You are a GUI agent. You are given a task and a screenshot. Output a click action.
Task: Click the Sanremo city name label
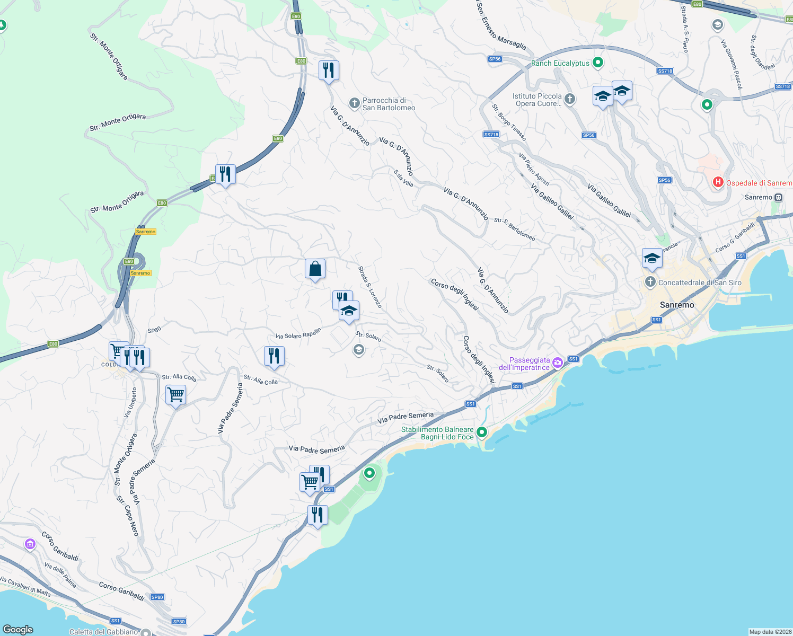click(x=677, y=305)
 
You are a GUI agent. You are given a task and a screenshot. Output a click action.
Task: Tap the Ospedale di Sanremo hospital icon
click(x=718, y=183)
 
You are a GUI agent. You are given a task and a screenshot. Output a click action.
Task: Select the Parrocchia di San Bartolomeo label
click(x=389, y=104)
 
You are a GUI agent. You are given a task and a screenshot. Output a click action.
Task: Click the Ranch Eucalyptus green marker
click(x=598, y=63)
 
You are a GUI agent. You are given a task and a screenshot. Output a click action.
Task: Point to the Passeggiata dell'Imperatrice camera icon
click(x=557, y=363)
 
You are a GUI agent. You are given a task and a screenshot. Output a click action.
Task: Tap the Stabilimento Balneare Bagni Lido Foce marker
click(x=481, y=432)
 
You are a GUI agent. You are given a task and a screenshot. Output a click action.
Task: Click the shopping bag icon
click(x=315, y=269)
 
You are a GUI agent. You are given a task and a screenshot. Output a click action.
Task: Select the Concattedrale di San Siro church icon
click(x=650, y=282)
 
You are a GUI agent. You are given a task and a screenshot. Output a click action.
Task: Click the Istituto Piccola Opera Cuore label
click(x=537, y=100)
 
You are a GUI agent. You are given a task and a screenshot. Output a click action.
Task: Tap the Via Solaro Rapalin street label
click(x=298, y=334)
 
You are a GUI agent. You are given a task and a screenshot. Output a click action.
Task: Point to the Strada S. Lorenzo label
click(x=370, y=287)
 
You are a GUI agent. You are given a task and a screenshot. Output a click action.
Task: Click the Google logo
click(x=18, y=629)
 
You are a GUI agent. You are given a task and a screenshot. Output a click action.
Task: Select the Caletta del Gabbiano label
click(x=103, y=632)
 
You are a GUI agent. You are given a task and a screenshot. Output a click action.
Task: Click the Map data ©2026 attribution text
click(x=770, y=632)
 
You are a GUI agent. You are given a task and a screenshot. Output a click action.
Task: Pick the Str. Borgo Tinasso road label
click(x=509, y=122)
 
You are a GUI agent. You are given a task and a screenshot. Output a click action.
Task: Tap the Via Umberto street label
click(x=130, y=402)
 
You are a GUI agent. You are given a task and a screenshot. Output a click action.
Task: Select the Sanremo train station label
click(x=758, y=197)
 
